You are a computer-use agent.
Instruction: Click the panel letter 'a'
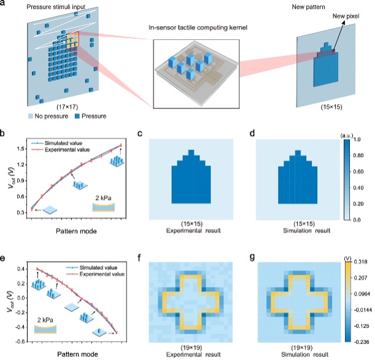(6, 5)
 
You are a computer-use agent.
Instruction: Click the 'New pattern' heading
(315, 6)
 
